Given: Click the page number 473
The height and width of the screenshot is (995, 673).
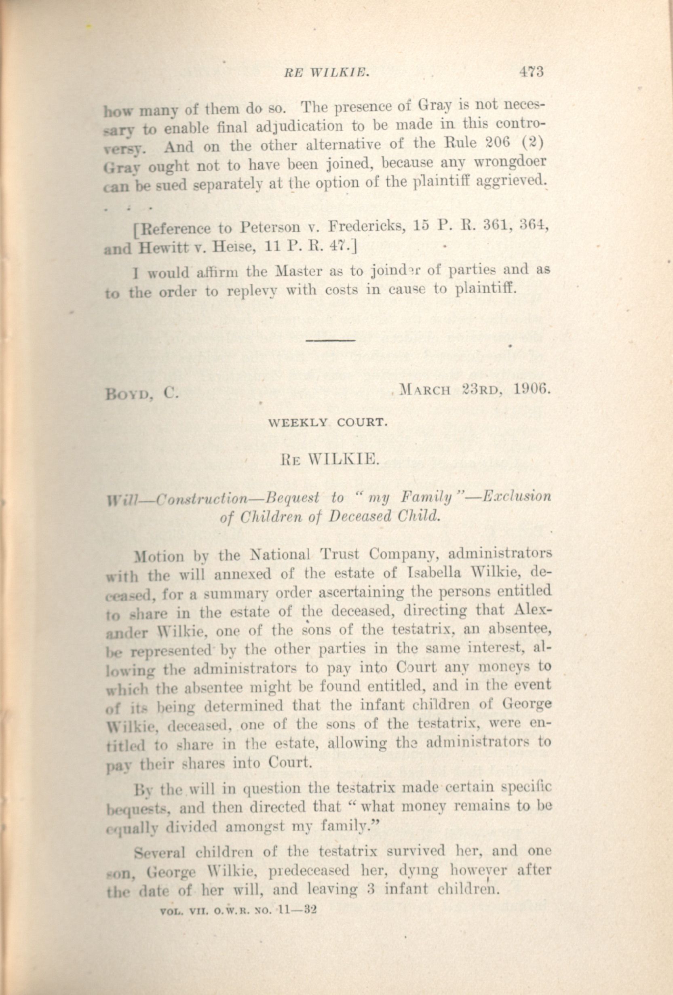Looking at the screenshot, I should pyautogui.click(x=531, y=72).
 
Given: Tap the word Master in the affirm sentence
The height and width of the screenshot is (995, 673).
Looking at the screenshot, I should pyautogui.click(x=298, y=271).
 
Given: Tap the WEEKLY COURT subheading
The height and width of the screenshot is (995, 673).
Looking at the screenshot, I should pyautogui.click(x=327, y=423).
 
